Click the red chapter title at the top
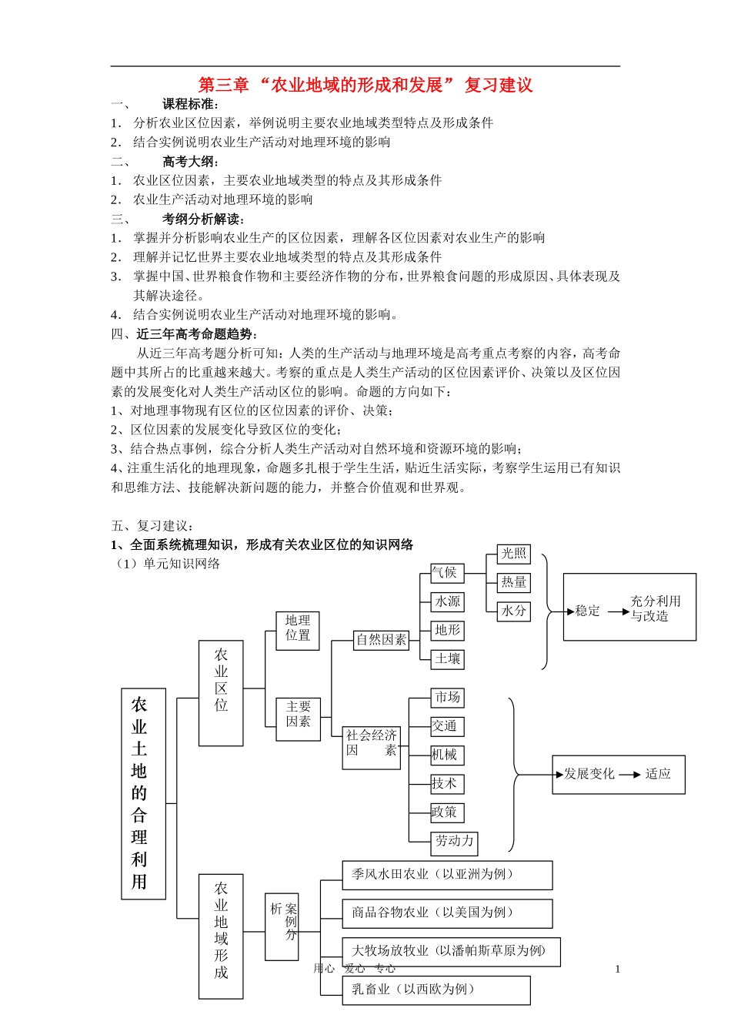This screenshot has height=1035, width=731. tap(365, 85)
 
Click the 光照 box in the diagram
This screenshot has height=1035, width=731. tap(513, 554)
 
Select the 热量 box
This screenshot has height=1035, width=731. tap(513, 582)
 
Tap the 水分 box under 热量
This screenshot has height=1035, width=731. tap(513, 611)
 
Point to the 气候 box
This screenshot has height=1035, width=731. tap(446, 573)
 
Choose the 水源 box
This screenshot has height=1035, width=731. tap(447, 601)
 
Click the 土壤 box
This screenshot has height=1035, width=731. tap(447, 659)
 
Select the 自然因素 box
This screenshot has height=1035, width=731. tap(381, 640)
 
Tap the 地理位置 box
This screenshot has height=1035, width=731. tap(298, 628)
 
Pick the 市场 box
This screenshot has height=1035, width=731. tap(447, 698)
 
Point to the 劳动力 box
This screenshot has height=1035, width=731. tap(454, 842)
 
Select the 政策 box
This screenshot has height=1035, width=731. tap(446, 812)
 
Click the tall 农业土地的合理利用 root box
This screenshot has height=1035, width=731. tap(143, 793)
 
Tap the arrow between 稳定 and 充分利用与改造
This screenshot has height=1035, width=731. tap(618, 611)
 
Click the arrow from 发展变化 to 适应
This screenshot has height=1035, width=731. tap(629, 775)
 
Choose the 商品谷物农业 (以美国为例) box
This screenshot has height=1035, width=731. tap(447, 913)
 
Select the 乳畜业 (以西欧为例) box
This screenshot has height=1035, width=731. tap(436, 990)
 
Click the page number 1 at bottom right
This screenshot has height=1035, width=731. tap(617, 970)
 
